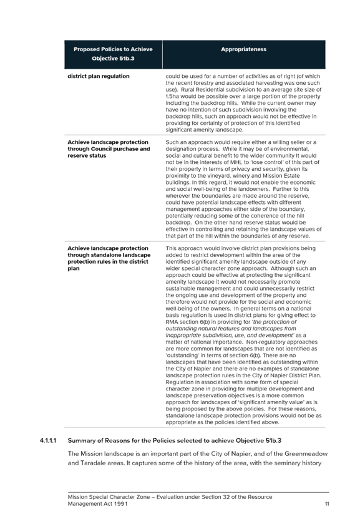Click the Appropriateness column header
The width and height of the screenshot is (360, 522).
pos(243,49)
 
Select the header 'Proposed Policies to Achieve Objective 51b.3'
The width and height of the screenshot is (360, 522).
pos(113,54)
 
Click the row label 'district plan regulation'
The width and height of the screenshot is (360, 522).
pos(99,76)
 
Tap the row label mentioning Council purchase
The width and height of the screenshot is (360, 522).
pos(109,149)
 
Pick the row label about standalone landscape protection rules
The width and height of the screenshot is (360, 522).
pos(109,258)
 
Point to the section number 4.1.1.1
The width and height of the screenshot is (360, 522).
pos(48,440)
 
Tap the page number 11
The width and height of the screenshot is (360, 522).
pos(327,504)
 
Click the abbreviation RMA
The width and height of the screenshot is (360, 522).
pos(172,322)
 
